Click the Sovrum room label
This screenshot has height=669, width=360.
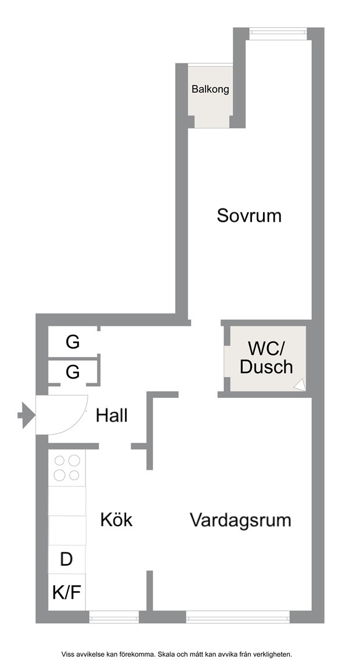[249, 215]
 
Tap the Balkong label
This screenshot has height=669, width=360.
[210, 89]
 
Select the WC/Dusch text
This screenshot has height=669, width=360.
[266, 358]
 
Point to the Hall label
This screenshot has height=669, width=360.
[111, 415]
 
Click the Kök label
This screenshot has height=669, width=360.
[117, 520]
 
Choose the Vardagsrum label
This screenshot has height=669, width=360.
[240, 520]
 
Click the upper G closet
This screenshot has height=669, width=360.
[73, 341]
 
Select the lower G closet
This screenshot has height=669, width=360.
[73, 372]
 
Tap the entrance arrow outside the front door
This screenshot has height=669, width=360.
[26, 414]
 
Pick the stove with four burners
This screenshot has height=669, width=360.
[67, 468]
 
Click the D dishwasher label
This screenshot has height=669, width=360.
[66, 559]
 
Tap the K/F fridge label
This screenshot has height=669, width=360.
[67, 592]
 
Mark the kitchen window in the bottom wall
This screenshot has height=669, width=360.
[114, 617]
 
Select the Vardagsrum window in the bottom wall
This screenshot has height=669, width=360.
[237, 617]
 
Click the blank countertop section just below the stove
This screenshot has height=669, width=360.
[67, 501]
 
